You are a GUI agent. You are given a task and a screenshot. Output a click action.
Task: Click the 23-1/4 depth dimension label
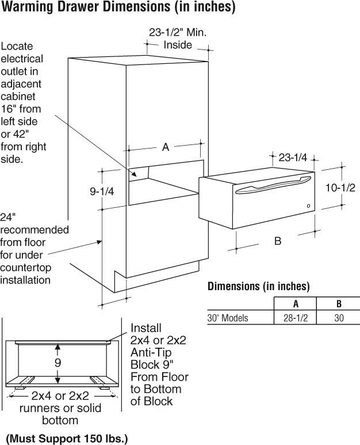tap(293, 157)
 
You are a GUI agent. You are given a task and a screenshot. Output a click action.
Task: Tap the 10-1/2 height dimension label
tap(340, 188)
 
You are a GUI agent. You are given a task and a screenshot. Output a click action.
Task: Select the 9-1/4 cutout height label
tap(102, 192)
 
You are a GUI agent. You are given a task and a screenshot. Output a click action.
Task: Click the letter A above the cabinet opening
tap(166, 147)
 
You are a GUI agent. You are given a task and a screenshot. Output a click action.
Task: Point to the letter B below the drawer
tap(278, 241)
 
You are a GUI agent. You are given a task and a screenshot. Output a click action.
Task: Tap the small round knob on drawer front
tap(308, 206)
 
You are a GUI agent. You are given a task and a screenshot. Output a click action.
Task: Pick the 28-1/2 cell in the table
tap(296, 318)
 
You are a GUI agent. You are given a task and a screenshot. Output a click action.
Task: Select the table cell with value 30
tap(339, 318)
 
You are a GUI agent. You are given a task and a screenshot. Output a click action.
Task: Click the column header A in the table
tap(296, 304)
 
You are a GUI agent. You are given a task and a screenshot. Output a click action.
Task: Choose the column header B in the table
tap(339, 304)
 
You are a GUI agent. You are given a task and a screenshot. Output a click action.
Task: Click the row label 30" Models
tap(228, 318)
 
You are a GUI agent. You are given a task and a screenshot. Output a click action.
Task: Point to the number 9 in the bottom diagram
tap(58, 363)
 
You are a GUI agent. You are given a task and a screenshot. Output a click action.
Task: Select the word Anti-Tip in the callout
tap(151, 352)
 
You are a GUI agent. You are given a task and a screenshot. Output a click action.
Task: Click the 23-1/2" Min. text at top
tap(178, 32)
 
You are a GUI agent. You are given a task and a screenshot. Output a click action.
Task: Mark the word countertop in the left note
tap(26, 268)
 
